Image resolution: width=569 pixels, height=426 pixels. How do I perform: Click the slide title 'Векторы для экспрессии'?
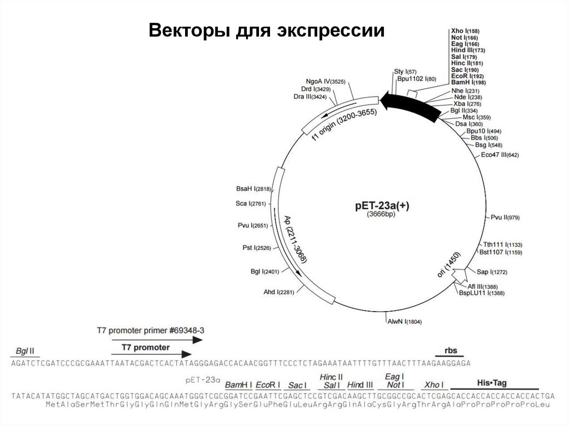point(266,31)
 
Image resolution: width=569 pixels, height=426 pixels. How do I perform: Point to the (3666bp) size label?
point(381,214)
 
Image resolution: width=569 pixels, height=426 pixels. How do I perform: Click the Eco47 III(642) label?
point(500,155)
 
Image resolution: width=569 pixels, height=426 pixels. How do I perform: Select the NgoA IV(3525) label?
point(326,81)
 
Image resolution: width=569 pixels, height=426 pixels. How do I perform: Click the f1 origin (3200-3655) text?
point(345,125)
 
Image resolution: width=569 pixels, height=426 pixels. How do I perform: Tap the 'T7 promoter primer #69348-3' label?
point(150,330)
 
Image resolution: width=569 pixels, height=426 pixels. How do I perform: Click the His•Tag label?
point(493,383)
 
